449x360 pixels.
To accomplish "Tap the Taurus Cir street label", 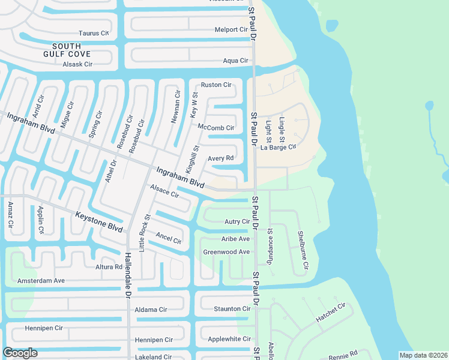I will click(94, 34).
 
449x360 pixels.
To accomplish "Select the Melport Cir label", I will click(231, 29).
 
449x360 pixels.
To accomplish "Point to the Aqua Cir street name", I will click(235, 61).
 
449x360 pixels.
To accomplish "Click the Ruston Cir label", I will click(216, 85).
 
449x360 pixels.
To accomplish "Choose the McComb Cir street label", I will click(215, 127).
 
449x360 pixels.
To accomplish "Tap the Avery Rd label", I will click(220, 158).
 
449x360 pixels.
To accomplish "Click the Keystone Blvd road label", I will click(99, 221).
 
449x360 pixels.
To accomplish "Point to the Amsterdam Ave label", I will click(41, 280).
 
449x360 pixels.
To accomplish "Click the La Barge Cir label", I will click(279, 147).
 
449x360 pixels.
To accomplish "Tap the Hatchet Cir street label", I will click(331, 313).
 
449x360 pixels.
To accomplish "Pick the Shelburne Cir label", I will click(304, 250).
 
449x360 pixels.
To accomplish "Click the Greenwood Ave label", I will click(226, 252).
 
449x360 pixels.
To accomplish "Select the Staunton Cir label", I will click(232, 308).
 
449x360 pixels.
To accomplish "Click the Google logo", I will click(20, 353).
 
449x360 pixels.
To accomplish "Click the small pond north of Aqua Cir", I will click(331, 26).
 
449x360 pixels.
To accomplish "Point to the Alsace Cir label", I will click(164, 191).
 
